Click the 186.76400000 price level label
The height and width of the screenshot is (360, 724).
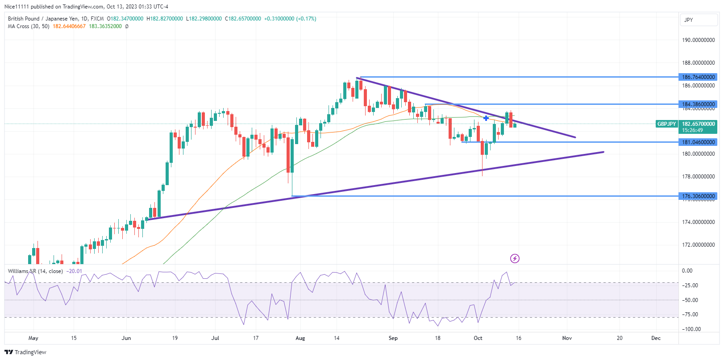click(698, 77)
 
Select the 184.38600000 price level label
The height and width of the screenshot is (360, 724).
click(698, 104)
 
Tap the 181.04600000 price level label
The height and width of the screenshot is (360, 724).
click(698, 142)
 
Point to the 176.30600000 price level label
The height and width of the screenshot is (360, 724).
click(698, 196)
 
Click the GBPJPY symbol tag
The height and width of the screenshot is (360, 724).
click(666, 124)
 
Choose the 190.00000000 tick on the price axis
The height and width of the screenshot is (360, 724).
click(698, 40)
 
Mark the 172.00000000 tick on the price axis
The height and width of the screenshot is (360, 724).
click(698, 245)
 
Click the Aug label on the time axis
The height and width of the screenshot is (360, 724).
click(300, 338)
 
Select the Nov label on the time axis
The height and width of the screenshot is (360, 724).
click(567, 338)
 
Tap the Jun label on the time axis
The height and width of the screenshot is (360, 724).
click(126, 338)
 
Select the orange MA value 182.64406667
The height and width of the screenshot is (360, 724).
click(69, 26)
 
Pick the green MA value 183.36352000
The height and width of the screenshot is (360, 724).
click(105, 26)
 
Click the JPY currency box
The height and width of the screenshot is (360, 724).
click(689, 20)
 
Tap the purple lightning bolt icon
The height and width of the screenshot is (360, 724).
click(515, 259)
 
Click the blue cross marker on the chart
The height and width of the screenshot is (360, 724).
click(486, 118)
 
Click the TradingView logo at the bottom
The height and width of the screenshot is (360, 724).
click(25, 352)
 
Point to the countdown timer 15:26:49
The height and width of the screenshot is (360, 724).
click(692, 130)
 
